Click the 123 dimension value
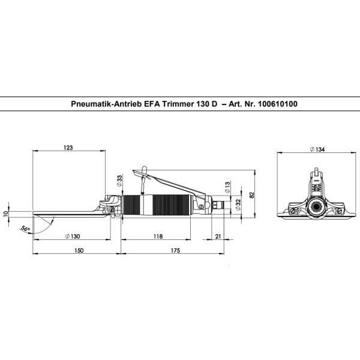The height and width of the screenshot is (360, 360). click(x=68, y=148)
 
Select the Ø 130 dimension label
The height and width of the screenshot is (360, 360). click(x=73, y=236)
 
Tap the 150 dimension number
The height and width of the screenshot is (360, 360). click(x=79, y=250)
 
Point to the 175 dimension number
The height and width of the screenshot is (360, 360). click(x=175, y=250)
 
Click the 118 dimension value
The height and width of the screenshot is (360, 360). click(x=158, y=236)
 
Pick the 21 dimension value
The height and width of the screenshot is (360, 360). click(x=218, y=236)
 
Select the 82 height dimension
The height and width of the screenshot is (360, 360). click(x=252, y=195)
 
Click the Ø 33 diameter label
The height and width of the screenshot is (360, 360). click(x=119, y=181)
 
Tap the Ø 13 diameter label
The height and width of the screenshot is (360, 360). click(x=227, y=187)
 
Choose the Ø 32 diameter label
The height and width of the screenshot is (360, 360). click(x=238, y=205)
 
